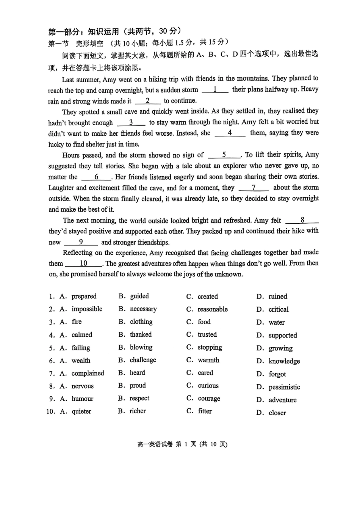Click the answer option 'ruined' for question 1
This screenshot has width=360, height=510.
278,297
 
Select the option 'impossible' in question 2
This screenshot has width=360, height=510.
87,309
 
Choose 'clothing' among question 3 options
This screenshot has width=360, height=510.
141,322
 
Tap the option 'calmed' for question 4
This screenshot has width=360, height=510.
82,335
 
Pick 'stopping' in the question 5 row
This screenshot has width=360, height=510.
210,347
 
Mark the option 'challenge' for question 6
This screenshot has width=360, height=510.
143,360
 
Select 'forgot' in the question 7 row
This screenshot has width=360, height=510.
277,374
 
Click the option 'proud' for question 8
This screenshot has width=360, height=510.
138,386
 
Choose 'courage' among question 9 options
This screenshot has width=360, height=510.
209,399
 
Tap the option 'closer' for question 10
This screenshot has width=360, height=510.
277,413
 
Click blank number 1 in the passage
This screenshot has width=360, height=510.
215,90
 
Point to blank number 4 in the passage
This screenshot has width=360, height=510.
230,133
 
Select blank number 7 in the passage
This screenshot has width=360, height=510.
254,188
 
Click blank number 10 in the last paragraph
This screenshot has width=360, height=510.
83,264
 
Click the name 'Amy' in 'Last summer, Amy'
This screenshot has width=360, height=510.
110,80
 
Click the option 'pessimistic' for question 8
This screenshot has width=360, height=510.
284,387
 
